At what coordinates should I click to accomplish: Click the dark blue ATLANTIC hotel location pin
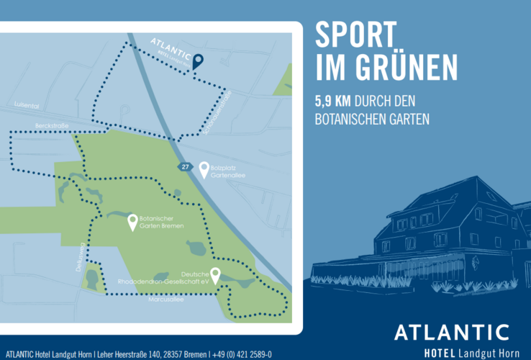[x=198, y=62]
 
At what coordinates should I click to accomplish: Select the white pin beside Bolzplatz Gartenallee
[x=204, y=169]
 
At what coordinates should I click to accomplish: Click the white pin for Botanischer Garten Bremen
[x=132, y=222]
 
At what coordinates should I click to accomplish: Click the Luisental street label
[x=26, y=105]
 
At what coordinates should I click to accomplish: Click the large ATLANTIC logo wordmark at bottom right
[x=452, y=331]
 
